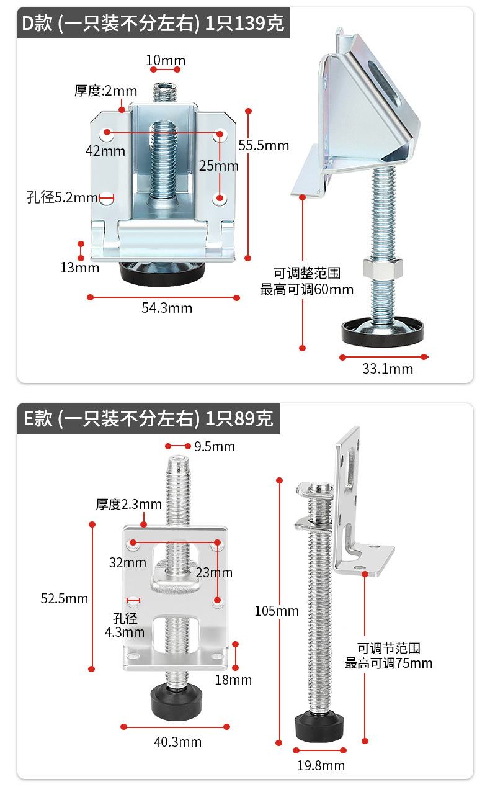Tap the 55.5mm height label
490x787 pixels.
point(264,145)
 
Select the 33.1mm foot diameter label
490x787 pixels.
point(387,369)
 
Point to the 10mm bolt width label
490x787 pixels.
point(166,60)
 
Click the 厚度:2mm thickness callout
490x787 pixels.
point(105,91)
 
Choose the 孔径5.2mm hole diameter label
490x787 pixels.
point(62,198)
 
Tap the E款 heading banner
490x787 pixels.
point(148,418)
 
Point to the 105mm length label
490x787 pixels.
point(277,611)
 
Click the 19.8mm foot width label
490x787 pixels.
point(321,765)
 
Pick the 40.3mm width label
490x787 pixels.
point(177,742)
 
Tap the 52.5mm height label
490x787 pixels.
point(65,598)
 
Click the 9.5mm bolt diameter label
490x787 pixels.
point(214,446)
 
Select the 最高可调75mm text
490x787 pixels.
point(389,663)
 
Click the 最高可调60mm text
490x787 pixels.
point(306,289)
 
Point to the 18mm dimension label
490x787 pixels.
point(233,680)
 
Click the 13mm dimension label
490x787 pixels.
point(79,268)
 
